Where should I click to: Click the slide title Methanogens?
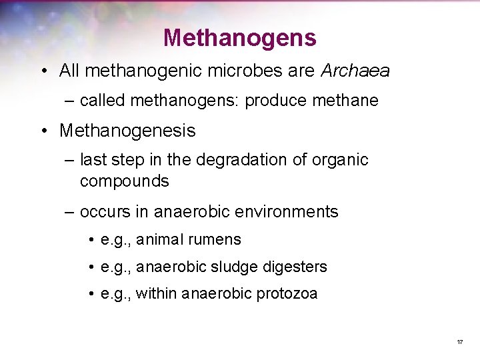[239, 37]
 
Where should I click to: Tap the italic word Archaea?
[355, 71]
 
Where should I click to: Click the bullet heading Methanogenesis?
[127, 131]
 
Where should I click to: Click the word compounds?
[125, 181]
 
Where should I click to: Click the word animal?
[160, 240]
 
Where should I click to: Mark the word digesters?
[295, 267]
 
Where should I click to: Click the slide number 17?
[459, 342]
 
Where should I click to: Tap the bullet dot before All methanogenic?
[44, 71]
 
